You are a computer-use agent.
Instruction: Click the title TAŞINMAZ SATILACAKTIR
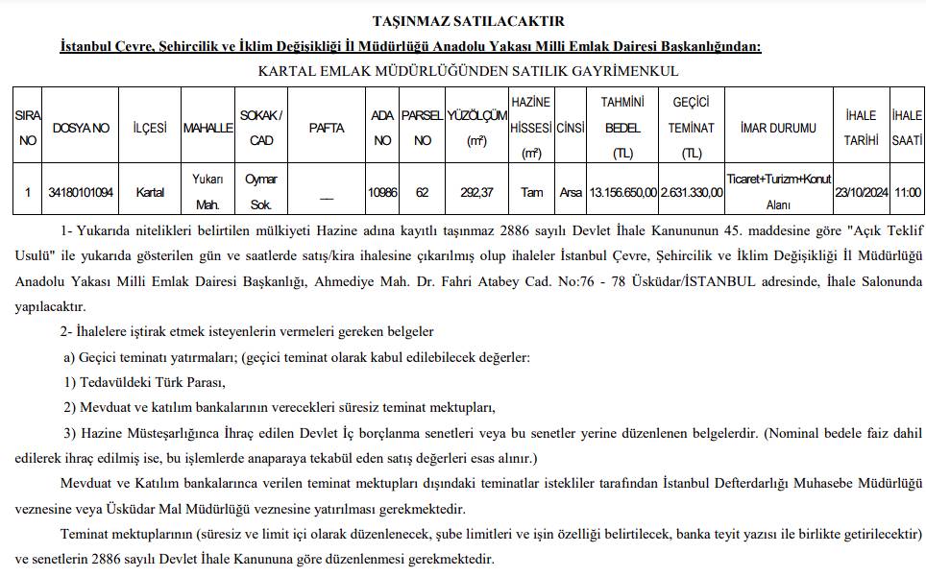tap(468, 21)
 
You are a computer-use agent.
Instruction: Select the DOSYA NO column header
tap(81, 128)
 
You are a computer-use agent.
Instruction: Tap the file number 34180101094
tap(81, 192)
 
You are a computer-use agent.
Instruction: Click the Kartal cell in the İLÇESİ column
tap(150, 192)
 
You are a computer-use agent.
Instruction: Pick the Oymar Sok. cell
tap(260, 192)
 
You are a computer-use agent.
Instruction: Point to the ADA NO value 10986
tap(382, 192)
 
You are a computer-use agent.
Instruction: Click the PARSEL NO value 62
tap(422, 192)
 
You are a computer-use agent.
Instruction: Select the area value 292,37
tap(476, 192)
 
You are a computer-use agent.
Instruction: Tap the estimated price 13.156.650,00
tap(622, 192)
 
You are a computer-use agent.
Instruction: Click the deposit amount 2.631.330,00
tap(692, 192)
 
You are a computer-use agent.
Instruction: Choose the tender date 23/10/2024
tap(861, 192)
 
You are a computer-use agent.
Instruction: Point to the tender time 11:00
tap(907, 192)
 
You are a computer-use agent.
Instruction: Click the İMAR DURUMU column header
tap(778, 128)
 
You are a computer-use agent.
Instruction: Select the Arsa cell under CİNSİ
tap(571, 192)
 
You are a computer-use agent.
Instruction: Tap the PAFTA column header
tap(327, 128)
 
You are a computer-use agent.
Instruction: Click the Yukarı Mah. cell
tap(208, 192)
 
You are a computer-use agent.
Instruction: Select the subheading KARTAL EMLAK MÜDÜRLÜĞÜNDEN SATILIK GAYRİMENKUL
tap(468, 70)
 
